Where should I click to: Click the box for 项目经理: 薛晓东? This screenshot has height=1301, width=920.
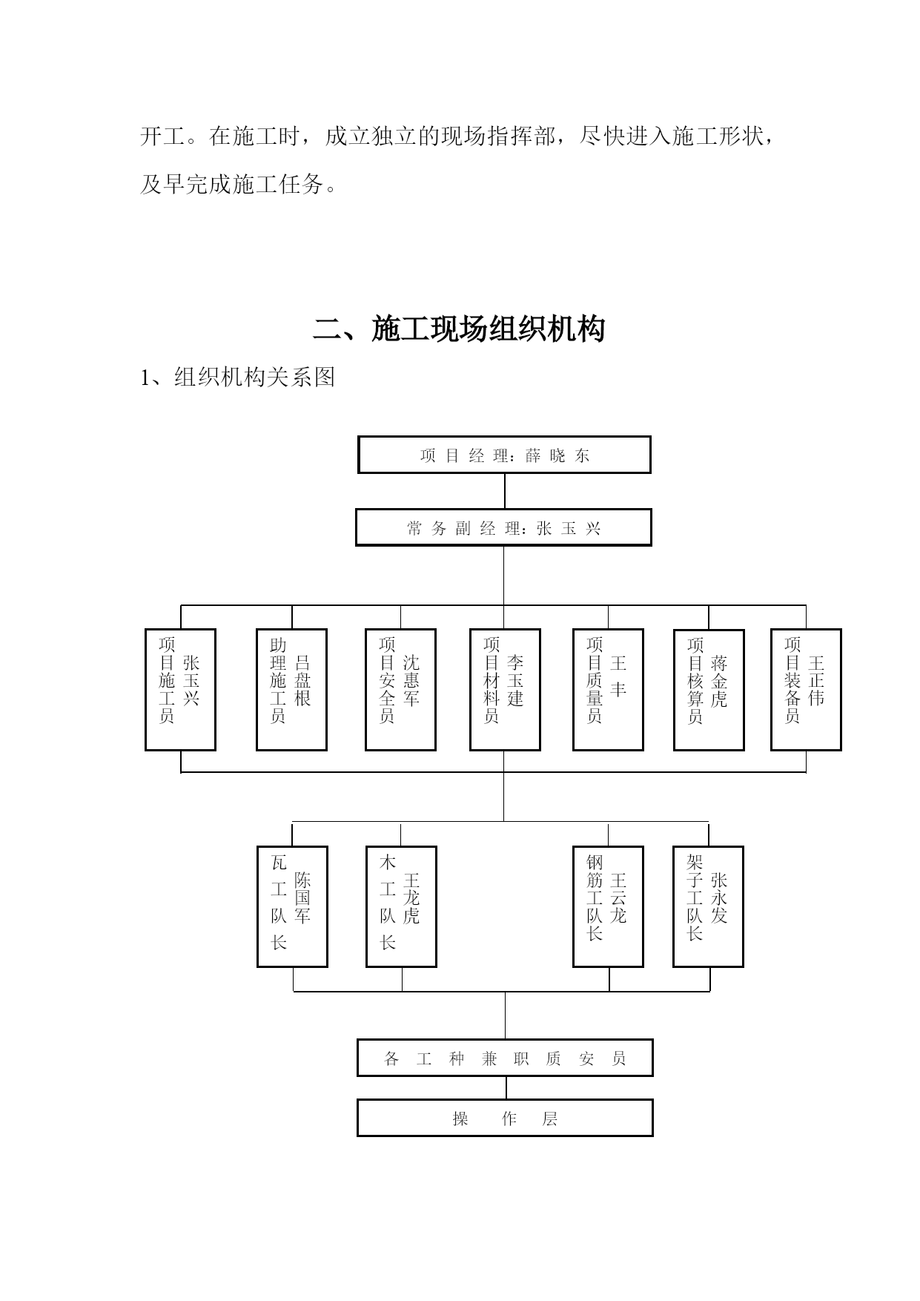pyautogui.click(x=504, y=455)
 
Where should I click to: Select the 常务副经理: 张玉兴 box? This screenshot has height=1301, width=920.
pyautogui.click(x=503, y=527)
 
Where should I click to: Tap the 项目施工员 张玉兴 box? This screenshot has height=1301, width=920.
pyautogui.click(x=180, y=690)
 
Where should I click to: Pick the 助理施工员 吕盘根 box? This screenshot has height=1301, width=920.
pyautogui.click(x=291, y=690)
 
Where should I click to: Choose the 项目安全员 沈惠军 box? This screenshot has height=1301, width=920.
pyautogui.click(x=400, y=690)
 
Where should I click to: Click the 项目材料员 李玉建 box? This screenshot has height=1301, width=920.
pyautogui.click(x=505, y=690)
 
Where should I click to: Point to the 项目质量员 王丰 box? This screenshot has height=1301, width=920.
pyautogui.click(x=608, y=690)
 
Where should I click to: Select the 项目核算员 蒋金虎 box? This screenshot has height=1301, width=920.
pyautogui.click(x=709, y=690)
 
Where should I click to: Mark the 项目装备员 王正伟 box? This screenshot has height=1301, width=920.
pyautogui.click(x=806, y=690)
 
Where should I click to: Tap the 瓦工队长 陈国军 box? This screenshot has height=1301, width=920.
pyautogui.click(x=292, y=906)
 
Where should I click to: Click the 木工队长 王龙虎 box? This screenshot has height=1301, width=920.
pyautogui.click(x=401, y=906)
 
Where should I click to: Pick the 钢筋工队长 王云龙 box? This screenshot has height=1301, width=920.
pyautogui.click(x=608, y=906)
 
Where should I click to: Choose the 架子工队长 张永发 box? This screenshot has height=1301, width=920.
pyautogui.click(x=708, y=906)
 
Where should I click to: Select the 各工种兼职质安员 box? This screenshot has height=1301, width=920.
pyautogui.click(x=505, y=1058)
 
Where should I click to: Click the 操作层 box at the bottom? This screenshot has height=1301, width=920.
pyautogui.click(x=505, y=1118)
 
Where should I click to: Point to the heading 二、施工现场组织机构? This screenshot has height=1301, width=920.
pyautogui.click(x=460, y=329)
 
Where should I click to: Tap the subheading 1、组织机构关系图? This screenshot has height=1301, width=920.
pyautogui.click(x=238, y=377)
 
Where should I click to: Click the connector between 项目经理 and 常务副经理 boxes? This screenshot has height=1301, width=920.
pyautogui.click(x=505, y=491)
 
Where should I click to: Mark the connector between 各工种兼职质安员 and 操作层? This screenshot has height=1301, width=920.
pyautogui.click(x=506, y=1087)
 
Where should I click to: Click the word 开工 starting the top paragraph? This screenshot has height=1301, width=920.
pyautogui.click(x=162, y=136)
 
